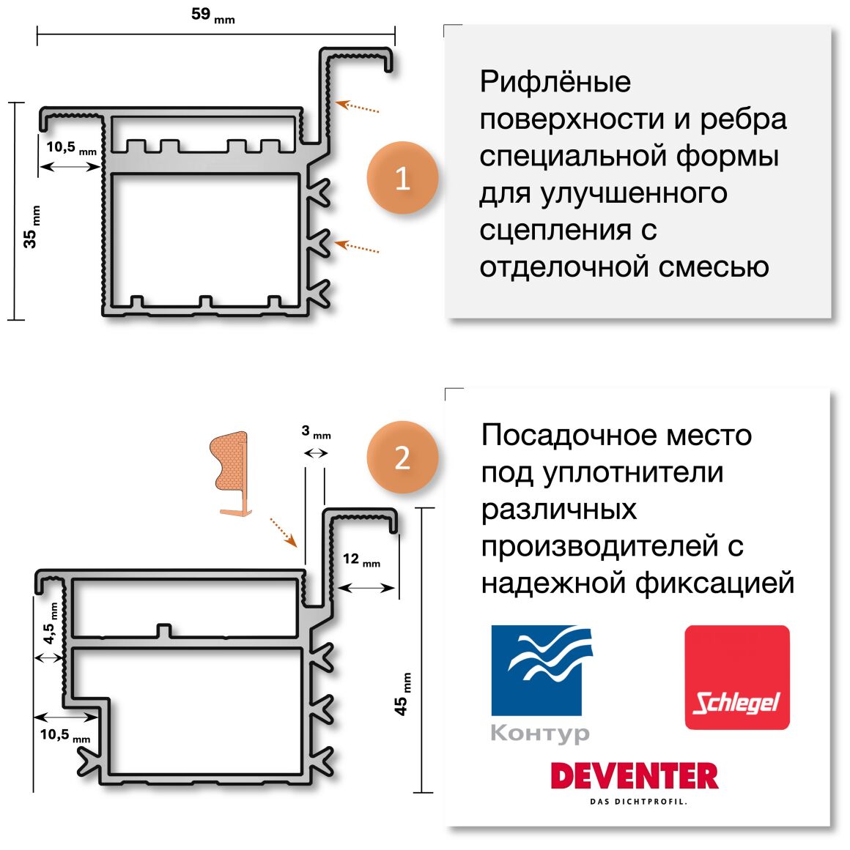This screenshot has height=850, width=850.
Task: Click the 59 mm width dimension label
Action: (x=213, y=15)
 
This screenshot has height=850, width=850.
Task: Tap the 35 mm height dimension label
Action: (x=32, y=227)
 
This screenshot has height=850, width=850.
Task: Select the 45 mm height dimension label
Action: (x=402, y=694)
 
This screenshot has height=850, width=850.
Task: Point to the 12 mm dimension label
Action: (x=361, y=559)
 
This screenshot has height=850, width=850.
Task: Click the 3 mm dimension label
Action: (x=317, y=432)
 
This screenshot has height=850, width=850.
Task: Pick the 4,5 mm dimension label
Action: (x=50, y=623)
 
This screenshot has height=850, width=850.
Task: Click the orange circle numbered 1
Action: (x=402, y=178)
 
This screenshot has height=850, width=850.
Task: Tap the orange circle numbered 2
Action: (x=402, y=457)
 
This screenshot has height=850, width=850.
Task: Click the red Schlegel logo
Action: (x=736, y=677)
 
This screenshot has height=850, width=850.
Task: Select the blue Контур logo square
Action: (x=536, y=670)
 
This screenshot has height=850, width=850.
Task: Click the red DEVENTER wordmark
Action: (x=634, y=776)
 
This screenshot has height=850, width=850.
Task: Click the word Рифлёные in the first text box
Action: (x=555, y=83)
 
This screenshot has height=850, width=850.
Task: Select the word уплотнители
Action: (x=633, y=473)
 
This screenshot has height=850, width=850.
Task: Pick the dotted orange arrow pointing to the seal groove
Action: (x=283, y=532)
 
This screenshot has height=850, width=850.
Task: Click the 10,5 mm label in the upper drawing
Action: (x=71, y=147)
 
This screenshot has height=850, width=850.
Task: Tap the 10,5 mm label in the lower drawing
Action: (x=64, y=735)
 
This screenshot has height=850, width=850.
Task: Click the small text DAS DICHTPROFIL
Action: (x=638, y=802)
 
